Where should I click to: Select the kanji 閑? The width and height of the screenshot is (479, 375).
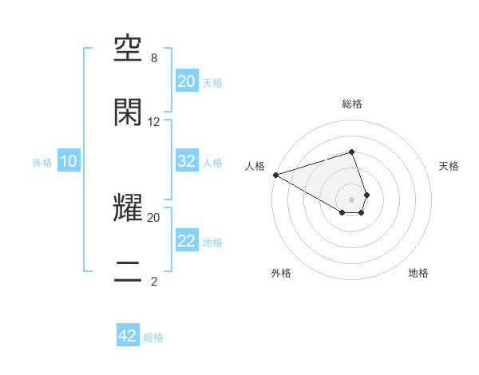[x=129, y=112]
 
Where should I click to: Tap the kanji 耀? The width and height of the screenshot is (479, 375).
[x=129, y=209]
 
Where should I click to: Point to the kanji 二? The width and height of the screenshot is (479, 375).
[x=129, y=270]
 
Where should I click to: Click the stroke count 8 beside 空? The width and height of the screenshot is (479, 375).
[x=153, y=58]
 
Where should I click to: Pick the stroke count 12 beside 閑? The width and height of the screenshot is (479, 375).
[x=153, y=121]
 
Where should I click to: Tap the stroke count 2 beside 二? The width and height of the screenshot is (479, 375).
[x=153, y=280]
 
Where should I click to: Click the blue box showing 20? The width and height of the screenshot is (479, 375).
[x=186, y=81]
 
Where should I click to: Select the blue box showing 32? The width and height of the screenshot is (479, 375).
[x=186, y=161]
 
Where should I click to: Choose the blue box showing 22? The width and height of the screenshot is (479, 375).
[x=186, y=241]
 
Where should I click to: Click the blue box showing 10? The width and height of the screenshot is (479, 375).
[x=68, y=161]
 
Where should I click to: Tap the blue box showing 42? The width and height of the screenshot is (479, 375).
[x=128, y=336]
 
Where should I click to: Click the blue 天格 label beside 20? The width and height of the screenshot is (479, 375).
[x=212, y=83]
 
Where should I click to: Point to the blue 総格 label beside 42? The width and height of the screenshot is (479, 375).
[x=153, y=337]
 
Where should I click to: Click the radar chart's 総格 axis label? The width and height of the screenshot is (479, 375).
[x=351, y=104]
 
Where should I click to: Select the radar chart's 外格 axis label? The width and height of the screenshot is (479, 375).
[x=281, y=273]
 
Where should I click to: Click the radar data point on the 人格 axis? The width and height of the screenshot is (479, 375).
[x=275, y=175]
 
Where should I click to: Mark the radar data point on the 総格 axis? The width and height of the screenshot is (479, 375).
[x=351, y=152]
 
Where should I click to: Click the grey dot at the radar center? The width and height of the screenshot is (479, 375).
[x=351, y=199]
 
